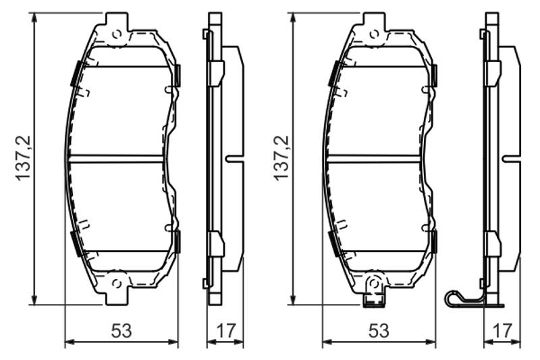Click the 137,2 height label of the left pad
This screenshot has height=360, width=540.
[x=23, y=158]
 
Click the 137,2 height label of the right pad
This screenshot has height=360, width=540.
[x=281, y=158]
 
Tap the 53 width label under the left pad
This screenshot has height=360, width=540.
[x=122, y=331]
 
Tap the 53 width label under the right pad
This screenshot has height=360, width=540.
[x=379, y=331]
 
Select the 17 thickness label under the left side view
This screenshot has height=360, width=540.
[x=226, y=331]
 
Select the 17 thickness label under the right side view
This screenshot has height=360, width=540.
[x=502, y=331]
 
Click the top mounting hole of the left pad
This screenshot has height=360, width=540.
[x=117, y=34]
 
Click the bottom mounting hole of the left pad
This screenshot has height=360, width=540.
[x=117, y=284]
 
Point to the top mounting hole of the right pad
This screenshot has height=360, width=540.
[x=375, y=34]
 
